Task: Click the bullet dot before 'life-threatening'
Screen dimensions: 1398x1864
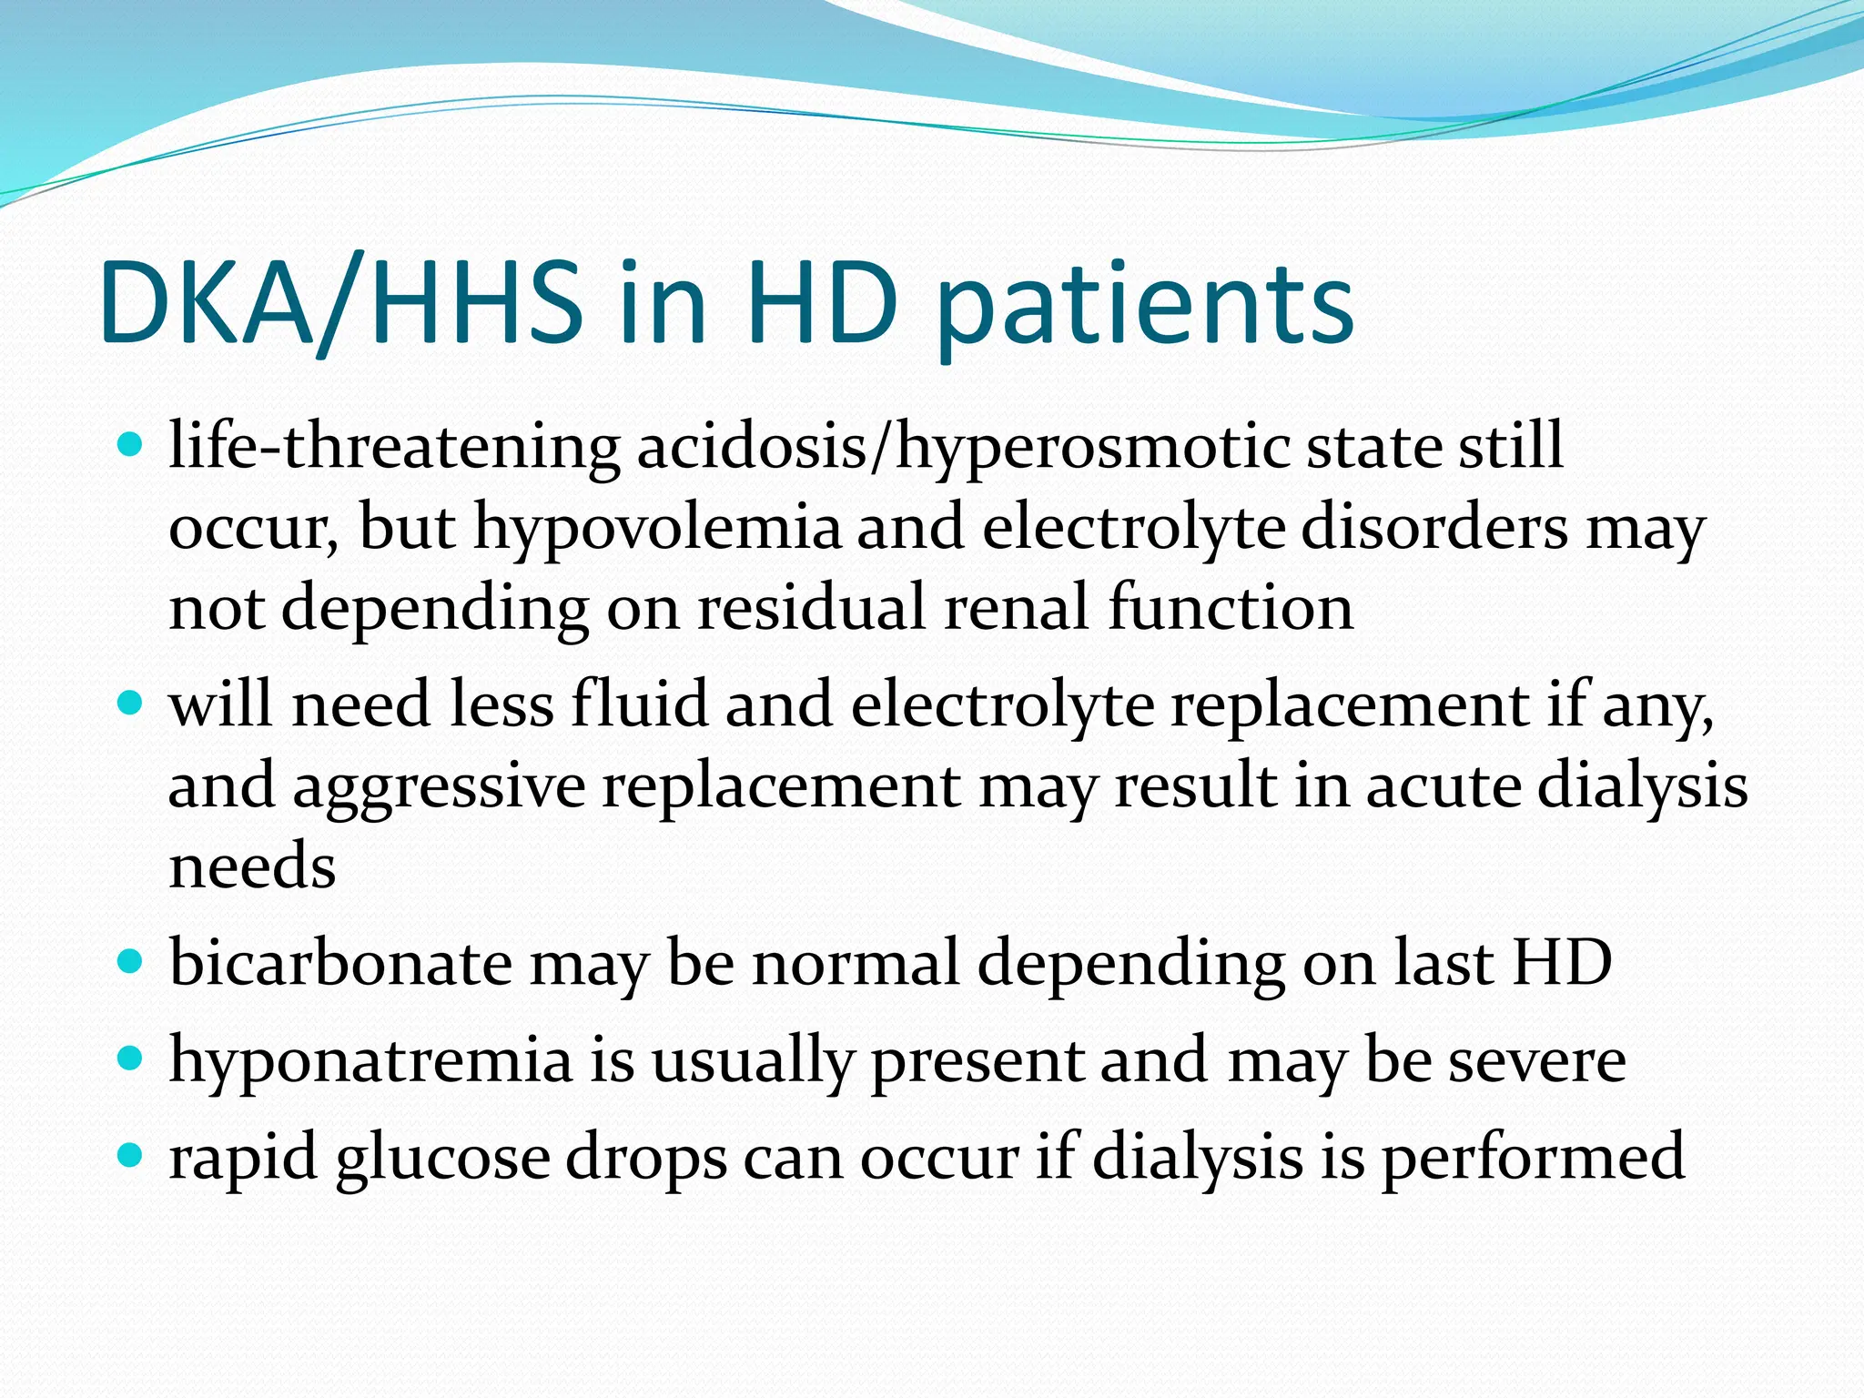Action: click(131, 445)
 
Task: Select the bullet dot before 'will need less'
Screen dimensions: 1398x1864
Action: click(131, 704)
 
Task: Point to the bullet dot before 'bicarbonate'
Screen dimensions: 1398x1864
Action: click(131, 962)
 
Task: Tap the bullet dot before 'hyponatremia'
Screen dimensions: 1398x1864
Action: click(131, 1059)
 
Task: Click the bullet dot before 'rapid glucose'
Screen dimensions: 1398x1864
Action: click(131, 1155)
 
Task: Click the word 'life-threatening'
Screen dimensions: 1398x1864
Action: click(394, 447)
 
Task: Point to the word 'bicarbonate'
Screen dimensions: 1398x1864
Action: click(340, 963)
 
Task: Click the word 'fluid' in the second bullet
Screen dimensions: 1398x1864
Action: click(639, 704)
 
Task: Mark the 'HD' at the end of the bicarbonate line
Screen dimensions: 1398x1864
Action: click(1562, 963)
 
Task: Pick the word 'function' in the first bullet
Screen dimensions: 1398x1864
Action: click(1230, 607)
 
